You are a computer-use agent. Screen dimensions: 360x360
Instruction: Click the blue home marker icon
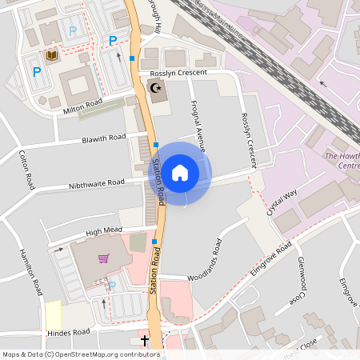tap(180, 172)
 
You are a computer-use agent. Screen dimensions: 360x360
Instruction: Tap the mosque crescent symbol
tap(155, 89)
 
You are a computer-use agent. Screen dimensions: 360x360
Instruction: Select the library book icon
tap(52, 55)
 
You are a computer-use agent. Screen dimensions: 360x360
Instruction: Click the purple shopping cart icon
tap(104, 258)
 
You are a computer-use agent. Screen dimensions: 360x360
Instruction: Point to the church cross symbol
tap(146, 341)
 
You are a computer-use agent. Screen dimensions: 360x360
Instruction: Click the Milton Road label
tap(83, 103)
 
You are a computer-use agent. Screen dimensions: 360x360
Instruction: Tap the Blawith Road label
tap(104, 139)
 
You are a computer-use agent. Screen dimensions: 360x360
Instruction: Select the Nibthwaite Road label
tap(97, 185)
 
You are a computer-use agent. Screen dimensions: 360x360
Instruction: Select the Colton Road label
tap(29, 169)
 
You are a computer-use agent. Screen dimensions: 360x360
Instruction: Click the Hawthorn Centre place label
tap(342, 160)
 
